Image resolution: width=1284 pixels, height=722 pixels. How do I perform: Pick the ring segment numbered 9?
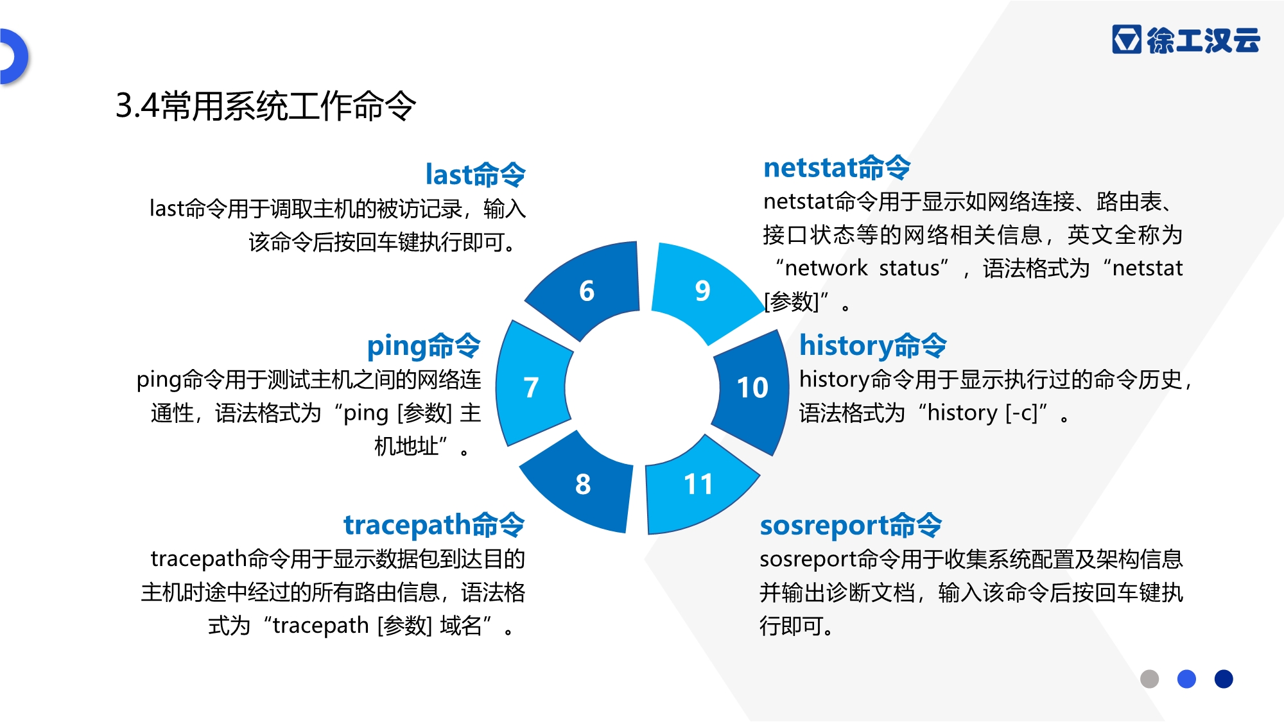tap(703, 291)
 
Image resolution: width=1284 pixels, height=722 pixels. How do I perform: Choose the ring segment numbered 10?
tap(752, 388)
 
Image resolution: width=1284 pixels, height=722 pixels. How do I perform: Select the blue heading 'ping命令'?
tap(424, 346)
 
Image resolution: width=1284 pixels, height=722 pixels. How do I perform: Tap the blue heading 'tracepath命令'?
tap(434, 525)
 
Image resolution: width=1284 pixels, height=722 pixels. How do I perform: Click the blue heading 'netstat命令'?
tap(837, 168)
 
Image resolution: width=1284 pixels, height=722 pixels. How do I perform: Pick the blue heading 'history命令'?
tap(873, 345)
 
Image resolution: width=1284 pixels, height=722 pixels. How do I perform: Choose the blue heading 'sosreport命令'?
tap(851, 526)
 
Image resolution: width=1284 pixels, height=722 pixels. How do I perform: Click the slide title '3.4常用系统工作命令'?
tap(266, 106)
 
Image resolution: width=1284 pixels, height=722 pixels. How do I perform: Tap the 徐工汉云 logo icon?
tap(1127, 39)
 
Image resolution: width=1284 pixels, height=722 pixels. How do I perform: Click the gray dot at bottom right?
tap(1149, 679)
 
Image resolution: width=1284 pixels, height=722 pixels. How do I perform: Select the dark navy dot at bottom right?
tap(1224, 679)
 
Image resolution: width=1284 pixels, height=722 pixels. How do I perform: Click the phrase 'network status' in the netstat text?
tap(863, 268)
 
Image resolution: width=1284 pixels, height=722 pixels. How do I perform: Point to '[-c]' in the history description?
tap(1021, 413)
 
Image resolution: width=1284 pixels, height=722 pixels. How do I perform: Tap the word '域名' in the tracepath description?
tap(461, 625)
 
